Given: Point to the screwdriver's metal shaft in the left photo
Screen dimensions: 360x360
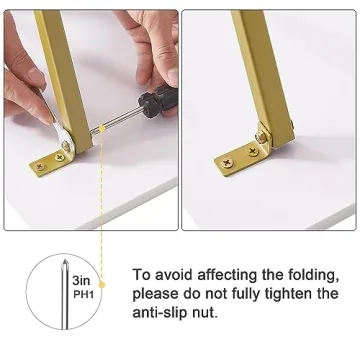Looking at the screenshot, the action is pos(117,119).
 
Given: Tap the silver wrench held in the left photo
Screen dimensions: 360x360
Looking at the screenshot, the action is pos(62,133).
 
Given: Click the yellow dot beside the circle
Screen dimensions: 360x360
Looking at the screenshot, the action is pos(102,285).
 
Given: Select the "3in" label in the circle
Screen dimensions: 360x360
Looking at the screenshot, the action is pos(81,280).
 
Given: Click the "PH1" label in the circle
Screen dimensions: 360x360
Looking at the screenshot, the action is pos(82,295).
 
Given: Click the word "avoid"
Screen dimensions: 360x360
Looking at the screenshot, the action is pos(173,275).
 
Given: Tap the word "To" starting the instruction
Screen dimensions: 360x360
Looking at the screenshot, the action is pos(141,275).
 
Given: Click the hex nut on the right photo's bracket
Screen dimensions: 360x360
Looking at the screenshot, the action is pos(262,137).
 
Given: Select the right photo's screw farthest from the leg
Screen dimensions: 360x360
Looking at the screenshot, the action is pos(228,163).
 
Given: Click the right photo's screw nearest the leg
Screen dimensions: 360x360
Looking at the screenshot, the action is pos(253,152).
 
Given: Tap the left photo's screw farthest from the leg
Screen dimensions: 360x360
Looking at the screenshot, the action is pos(40,166).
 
